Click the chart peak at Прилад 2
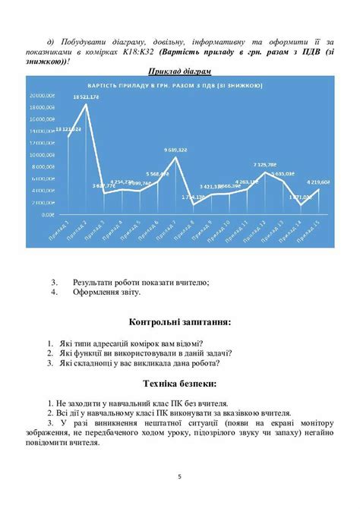[86, 105]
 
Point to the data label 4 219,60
[317, 182]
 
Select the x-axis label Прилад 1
[64, 229]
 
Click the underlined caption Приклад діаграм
[179, 71]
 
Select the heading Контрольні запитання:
[180, 322]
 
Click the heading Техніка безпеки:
[180, 383]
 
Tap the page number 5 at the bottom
[180, 477]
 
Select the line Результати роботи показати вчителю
[141, 282]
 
